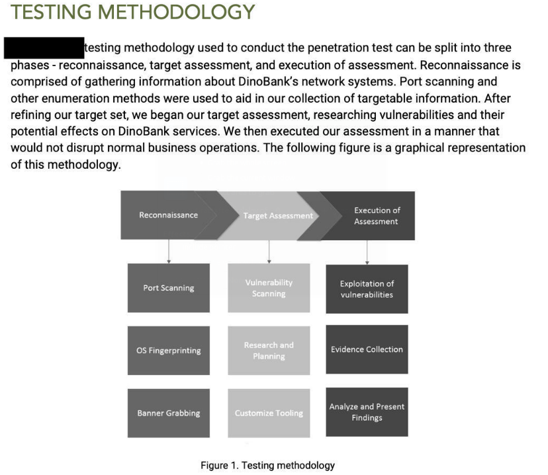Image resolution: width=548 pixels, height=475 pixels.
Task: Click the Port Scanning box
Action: point(168,288)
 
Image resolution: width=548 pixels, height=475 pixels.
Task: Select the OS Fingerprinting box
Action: point(168,351)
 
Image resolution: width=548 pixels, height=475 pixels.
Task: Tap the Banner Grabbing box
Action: point(168,413)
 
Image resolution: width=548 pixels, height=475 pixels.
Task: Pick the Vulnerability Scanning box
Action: point(269,288)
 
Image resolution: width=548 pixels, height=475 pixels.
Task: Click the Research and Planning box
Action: point(269,351)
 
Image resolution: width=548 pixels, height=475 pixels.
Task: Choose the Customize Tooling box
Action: point(269,413)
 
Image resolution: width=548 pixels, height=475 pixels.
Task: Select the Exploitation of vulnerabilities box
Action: point(367,288)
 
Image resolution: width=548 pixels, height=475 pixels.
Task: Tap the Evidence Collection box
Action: point(367,349)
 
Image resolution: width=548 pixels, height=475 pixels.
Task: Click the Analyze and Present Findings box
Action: point(367,411)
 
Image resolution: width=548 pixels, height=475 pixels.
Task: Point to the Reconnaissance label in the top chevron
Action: point(168,215)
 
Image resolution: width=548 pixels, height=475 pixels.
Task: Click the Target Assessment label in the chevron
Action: point(278,216)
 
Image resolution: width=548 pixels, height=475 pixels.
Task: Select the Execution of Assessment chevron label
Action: point(376,216)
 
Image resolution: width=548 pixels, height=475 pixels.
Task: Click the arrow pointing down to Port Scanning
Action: point(169,251)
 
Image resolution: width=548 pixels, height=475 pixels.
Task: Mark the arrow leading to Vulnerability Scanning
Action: point(269,251)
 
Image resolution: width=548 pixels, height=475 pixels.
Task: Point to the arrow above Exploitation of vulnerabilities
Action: point(367,251)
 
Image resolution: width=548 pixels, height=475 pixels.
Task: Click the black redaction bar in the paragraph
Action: point(44,48)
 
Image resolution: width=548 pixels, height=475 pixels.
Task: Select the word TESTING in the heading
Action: point(50,12)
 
